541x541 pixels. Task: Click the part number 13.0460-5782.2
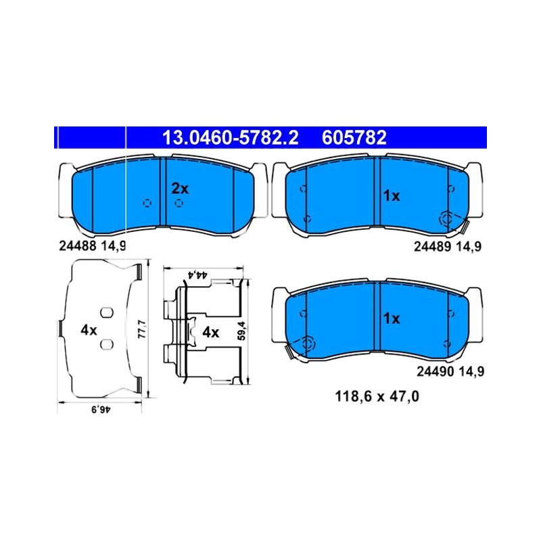(230, 138)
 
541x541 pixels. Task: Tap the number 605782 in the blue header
(354, 138)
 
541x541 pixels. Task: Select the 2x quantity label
(180, 189)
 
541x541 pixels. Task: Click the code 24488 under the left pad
(78, 246)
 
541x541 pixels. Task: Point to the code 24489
(433, 246)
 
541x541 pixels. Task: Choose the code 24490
(436, 371)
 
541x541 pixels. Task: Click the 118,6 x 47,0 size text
(377, 396)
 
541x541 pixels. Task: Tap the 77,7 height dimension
(142, 329)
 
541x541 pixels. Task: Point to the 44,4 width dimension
(197, 275)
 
